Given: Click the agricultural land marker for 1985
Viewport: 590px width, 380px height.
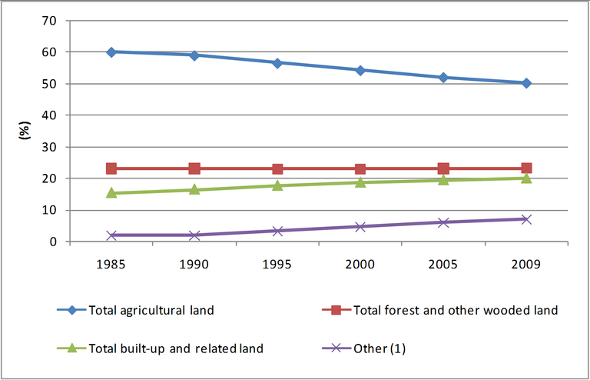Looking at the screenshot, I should [x=111, y=52].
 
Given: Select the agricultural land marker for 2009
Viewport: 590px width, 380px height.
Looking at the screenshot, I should [x=526, y=83].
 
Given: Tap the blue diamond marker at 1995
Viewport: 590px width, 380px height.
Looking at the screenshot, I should [x=277, y=62].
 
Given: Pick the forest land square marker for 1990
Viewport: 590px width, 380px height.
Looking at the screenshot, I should [x=194, y=168].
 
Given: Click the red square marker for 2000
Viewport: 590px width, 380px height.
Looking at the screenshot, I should [x=360, y=168].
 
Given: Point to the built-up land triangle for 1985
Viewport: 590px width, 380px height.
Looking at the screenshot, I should [x=111, y=192].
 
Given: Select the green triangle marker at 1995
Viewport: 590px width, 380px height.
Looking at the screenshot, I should [x=277, y=185].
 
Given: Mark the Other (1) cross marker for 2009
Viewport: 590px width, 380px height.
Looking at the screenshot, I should [x=526, y=219].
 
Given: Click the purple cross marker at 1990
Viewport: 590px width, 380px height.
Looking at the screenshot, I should [x=194, y=235].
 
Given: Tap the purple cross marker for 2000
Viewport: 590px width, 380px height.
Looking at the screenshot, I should [x=360, y=227].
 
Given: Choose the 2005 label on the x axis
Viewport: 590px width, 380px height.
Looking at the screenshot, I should [x=443, y=264].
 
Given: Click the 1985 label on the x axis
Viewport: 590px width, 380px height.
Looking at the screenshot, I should [x=111, y=264].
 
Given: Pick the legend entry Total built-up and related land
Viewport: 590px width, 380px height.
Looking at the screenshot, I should [x=176, y=348].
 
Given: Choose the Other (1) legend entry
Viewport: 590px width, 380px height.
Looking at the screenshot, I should [x=379, y=348].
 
